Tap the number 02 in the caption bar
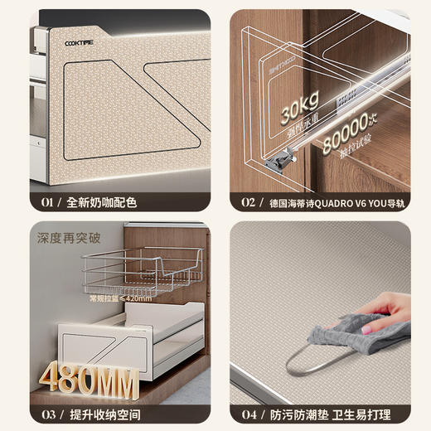pyautogui.click(x=248, y=201)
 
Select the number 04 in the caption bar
pyautogui.click(x=249, y=413)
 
